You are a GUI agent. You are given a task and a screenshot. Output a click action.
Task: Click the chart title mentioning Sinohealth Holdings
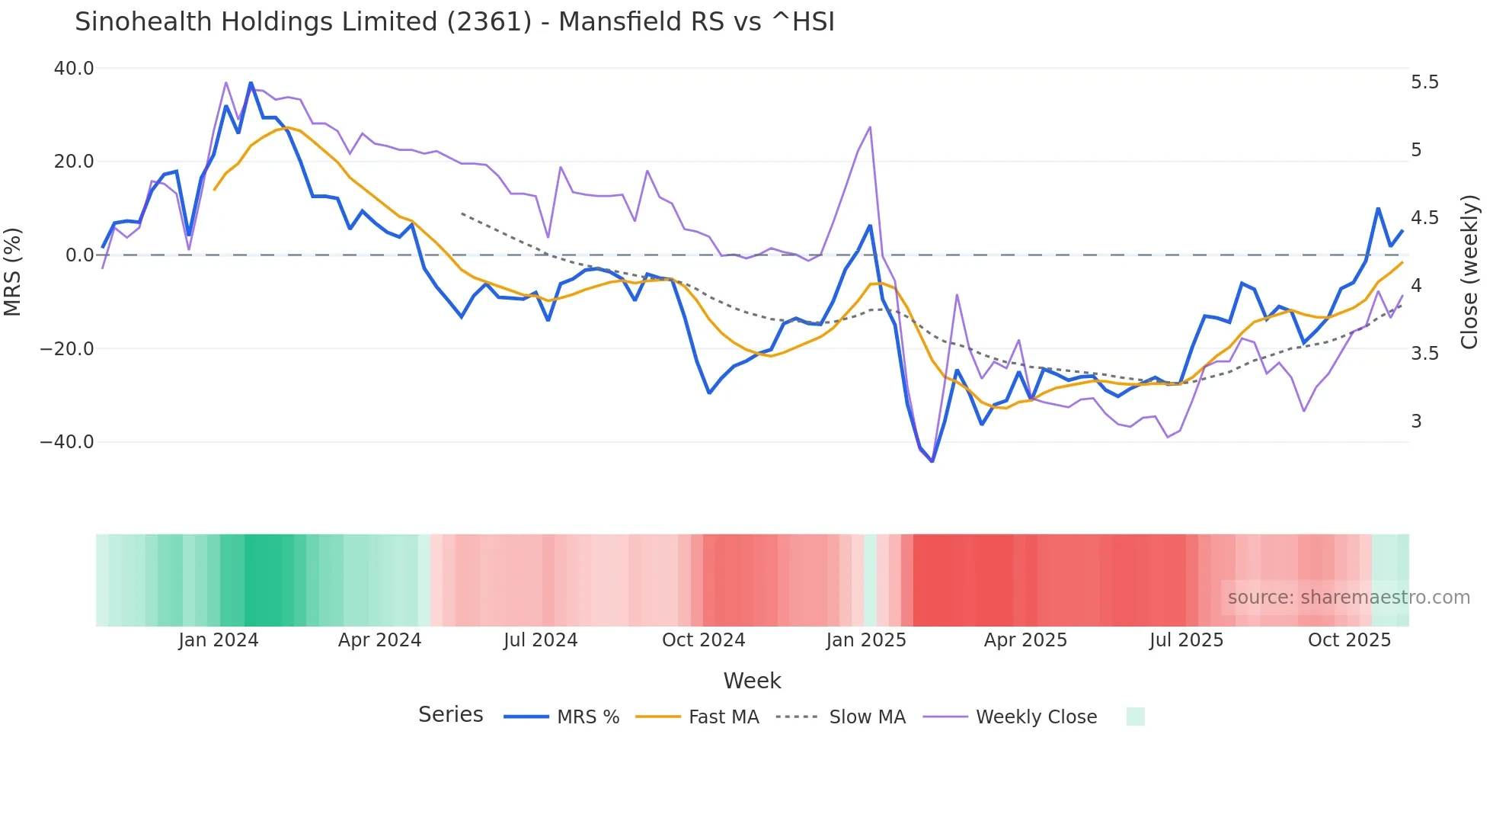point(455,22)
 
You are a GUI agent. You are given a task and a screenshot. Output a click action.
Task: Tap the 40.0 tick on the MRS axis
point(74,69)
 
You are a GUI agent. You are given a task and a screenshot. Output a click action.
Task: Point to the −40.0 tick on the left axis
point(67,442)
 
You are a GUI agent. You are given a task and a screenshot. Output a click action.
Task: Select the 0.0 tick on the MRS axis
point(79,255)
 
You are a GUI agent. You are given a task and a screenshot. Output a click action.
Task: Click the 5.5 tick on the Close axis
point(1424,82)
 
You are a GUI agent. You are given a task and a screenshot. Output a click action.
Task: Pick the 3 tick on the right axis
point(1416,422)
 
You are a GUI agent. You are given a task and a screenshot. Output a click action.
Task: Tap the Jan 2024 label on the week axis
point(219,640)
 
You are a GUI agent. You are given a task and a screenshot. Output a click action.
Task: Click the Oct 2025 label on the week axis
point(1349,640)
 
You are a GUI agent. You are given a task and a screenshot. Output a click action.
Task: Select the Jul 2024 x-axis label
point(541,640)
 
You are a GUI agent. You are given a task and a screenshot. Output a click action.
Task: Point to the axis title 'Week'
point(752,681)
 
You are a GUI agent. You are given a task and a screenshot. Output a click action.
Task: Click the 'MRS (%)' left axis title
point(13,271)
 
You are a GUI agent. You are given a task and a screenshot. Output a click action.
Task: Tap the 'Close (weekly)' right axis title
point(1469,272)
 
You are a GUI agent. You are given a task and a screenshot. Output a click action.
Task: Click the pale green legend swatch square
point(1135,717)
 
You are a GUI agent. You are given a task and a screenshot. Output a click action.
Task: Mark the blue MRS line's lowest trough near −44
point(932,461)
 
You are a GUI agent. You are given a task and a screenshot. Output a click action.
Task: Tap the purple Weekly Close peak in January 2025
point(870,127)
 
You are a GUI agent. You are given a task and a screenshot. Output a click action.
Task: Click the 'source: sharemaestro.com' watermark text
point(1348,598)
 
